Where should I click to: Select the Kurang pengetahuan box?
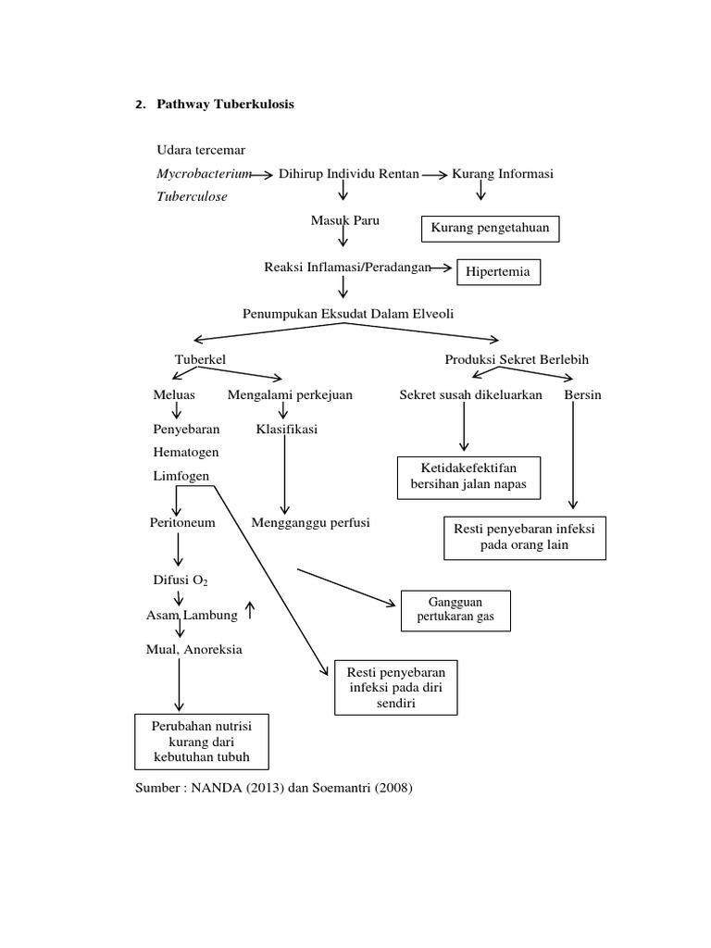[x=491, y=228]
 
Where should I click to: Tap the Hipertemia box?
[x=498, y=272]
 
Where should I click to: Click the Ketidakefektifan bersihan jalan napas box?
[x=468, y=477]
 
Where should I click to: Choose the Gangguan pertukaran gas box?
[x=455, y=610]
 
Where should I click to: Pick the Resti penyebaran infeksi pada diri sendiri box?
[x=395, y=688]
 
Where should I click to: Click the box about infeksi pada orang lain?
[x=525, y=537]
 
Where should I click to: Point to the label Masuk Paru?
[x=344, y=220]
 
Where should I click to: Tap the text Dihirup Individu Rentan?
[x=348, y=174]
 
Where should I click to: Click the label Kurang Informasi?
[x=502, y=174]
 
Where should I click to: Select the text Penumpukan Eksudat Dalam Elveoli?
[x=348, y=314]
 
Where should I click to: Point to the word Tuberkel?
[x=201, y=358]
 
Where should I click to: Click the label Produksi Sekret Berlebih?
[x=517, y=358]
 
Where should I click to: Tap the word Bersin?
[x=582, y=394]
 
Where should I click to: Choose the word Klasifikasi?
[x=287, y=430]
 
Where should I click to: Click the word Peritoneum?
[x=182, y=522]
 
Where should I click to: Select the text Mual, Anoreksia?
[x=194, y=649]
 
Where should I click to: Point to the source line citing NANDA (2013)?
[x=274, y=788]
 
